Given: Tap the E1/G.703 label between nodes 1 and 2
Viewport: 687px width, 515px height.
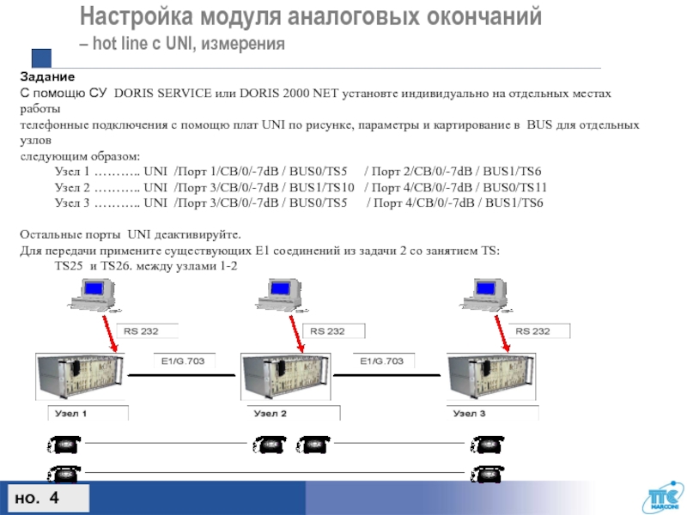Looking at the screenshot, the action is pos(180,361).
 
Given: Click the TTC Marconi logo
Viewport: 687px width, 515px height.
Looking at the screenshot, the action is pos(660,496).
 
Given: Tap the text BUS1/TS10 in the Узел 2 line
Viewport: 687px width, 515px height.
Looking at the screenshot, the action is pos(323,188).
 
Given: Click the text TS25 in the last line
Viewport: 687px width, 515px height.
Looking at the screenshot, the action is pos(70,266).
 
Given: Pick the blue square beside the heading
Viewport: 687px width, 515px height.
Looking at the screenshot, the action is pos(41,59).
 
